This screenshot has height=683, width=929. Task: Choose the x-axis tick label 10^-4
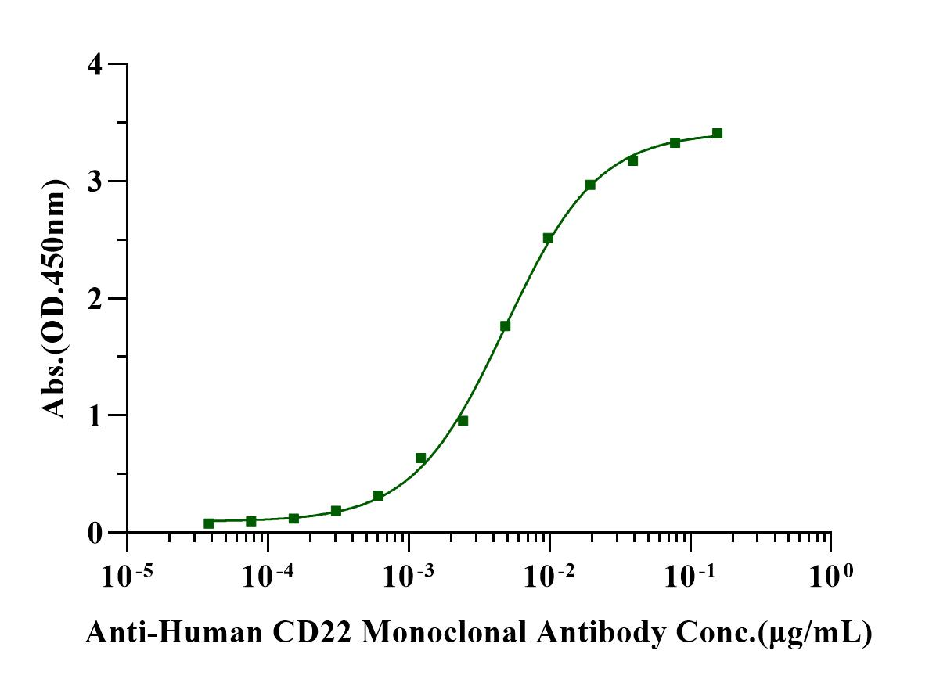pyautogui.click(x=267, y=577)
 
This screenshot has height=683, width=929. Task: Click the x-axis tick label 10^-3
pyautogui.click(x=408, y=577)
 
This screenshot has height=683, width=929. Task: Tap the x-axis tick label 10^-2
pyautogui.click(x=549, y=577)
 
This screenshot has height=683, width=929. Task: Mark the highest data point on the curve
pyautogui.click(x=717, y=133)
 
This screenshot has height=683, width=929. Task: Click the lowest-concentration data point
pyautogui.click(x=208, y=523)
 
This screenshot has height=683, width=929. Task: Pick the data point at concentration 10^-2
pyautogui.click(x=548, y=238)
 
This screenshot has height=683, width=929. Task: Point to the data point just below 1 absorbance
pyautogui.click(x=463, y=421)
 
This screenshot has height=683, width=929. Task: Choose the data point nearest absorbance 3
pyautogui.click(x=590, y=185)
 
